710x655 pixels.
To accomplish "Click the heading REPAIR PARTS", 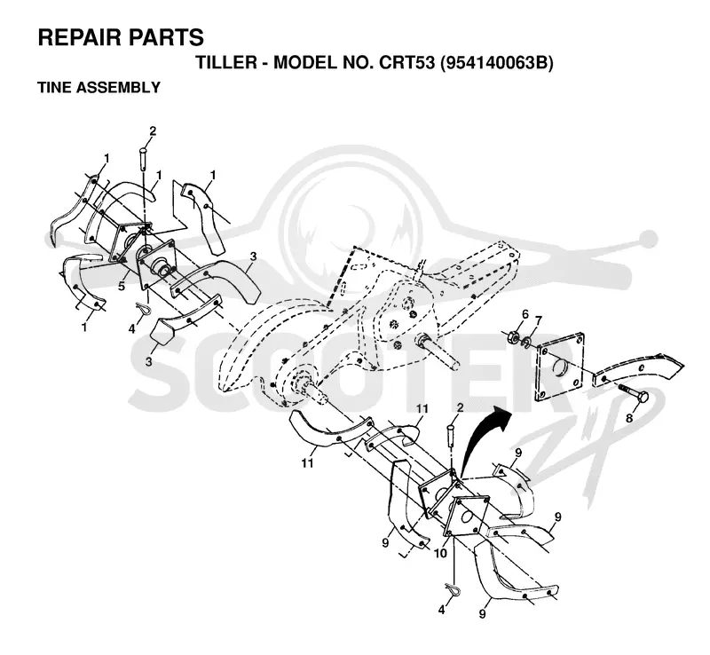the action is click(121, 37).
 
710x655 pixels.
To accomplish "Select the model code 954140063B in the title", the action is click(496, 63).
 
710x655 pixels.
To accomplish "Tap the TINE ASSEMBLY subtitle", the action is click(99, 87).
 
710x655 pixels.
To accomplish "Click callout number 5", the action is click(122, 287).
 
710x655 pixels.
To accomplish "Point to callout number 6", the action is click(525, 314).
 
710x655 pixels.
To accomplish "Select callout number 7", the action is click(539, 320).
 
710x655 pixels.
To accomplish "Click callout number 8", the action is click(629, 419).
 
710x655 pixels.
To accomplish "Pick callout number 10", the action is click(440, 553).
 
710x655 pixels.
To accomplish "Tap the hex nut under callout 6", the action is click(514, 337).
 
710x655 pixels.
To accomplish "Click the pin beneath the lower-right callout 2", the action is click(452, 433).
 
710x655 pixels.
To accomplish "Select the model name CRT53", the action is click(407, 63).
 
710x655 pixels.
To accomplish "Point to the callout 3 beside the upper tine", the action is click(253, 256).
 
